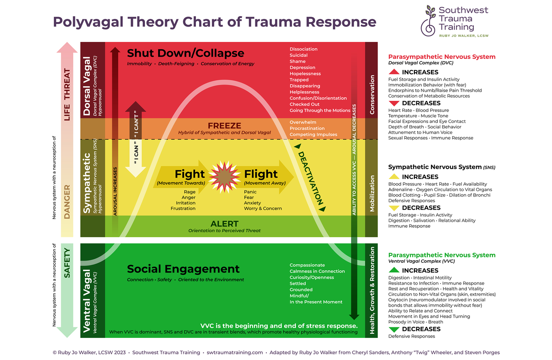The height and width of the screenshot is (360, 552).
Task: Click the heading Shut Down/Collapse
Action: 185,53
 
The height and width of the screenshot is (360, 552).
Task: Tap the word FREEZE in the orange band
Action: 224,126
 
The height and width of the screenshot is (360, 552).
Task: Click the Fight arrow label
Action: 190,174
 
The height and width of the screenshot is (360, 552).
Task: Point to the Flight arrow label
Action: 261,174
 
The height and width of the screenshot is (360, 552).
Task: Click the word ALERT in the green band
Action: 224,224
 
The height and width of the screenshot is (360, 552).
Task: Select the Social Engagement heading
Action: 183,269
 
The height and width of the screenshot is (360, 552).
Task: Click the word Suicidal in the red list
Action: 299,55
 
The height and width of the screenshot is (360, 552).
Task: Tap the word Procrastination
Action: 307,128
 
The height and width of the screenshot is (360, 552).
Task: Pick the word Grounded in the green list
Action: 301,290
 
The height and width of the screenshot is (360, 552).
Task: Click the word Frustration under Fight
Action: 183,209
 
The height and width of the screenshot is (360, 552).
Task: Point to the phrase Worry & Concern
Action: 263,209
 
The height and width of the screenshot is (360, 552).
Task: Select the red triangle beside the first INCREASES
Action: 394,72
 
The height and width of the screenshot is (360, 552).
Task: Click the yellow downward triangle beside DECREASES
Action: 394,208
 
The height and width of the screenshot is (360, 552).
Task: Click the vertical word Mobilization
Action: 372,193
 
